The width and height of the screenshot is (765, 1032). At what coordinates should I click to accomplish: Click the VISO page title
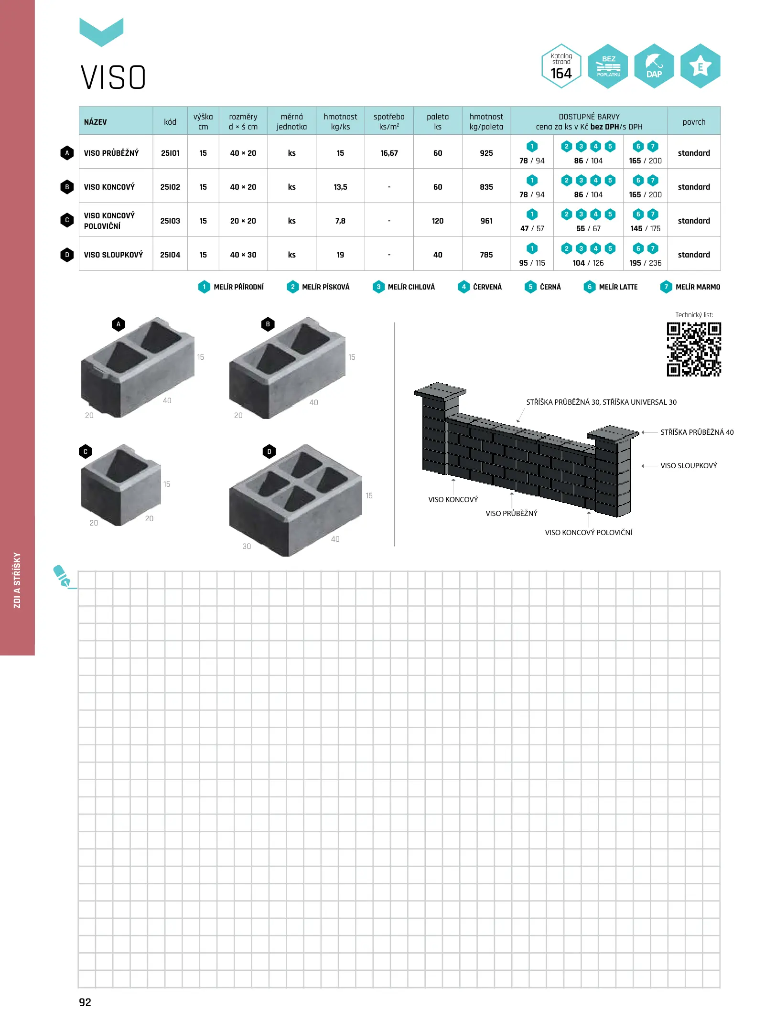[x=113, y=77]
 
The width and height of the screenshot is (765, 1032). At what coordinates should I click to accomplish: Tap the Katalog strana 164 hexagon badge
[x=561, y=66]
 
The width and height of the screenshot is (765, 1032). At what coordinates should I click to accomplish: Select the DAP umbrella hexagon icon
[x=654, y=66]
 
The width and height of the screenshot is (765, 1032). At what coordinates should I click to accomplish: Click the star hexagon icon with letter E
[x=700, y=66]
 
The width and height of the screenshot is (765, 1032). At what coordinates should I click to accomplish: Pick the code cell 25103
[x=170, y=221]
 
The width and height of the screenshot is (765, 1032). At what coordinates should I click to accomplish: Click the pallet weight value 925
[x=486, y=153]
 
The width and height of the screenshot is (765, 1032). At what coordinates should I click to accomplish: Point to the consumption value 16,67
[x=389, y=153]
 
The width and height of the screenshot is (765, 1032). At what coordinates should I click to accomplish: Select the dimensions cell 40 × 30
[x=243, y=255]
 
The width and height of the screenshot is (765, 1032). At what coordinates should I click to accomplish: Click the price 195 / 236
[x=645, y=263]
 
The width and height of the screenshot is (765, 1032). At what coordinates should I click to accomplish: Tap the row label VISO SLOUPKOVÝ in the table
[x=113, y=255]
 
